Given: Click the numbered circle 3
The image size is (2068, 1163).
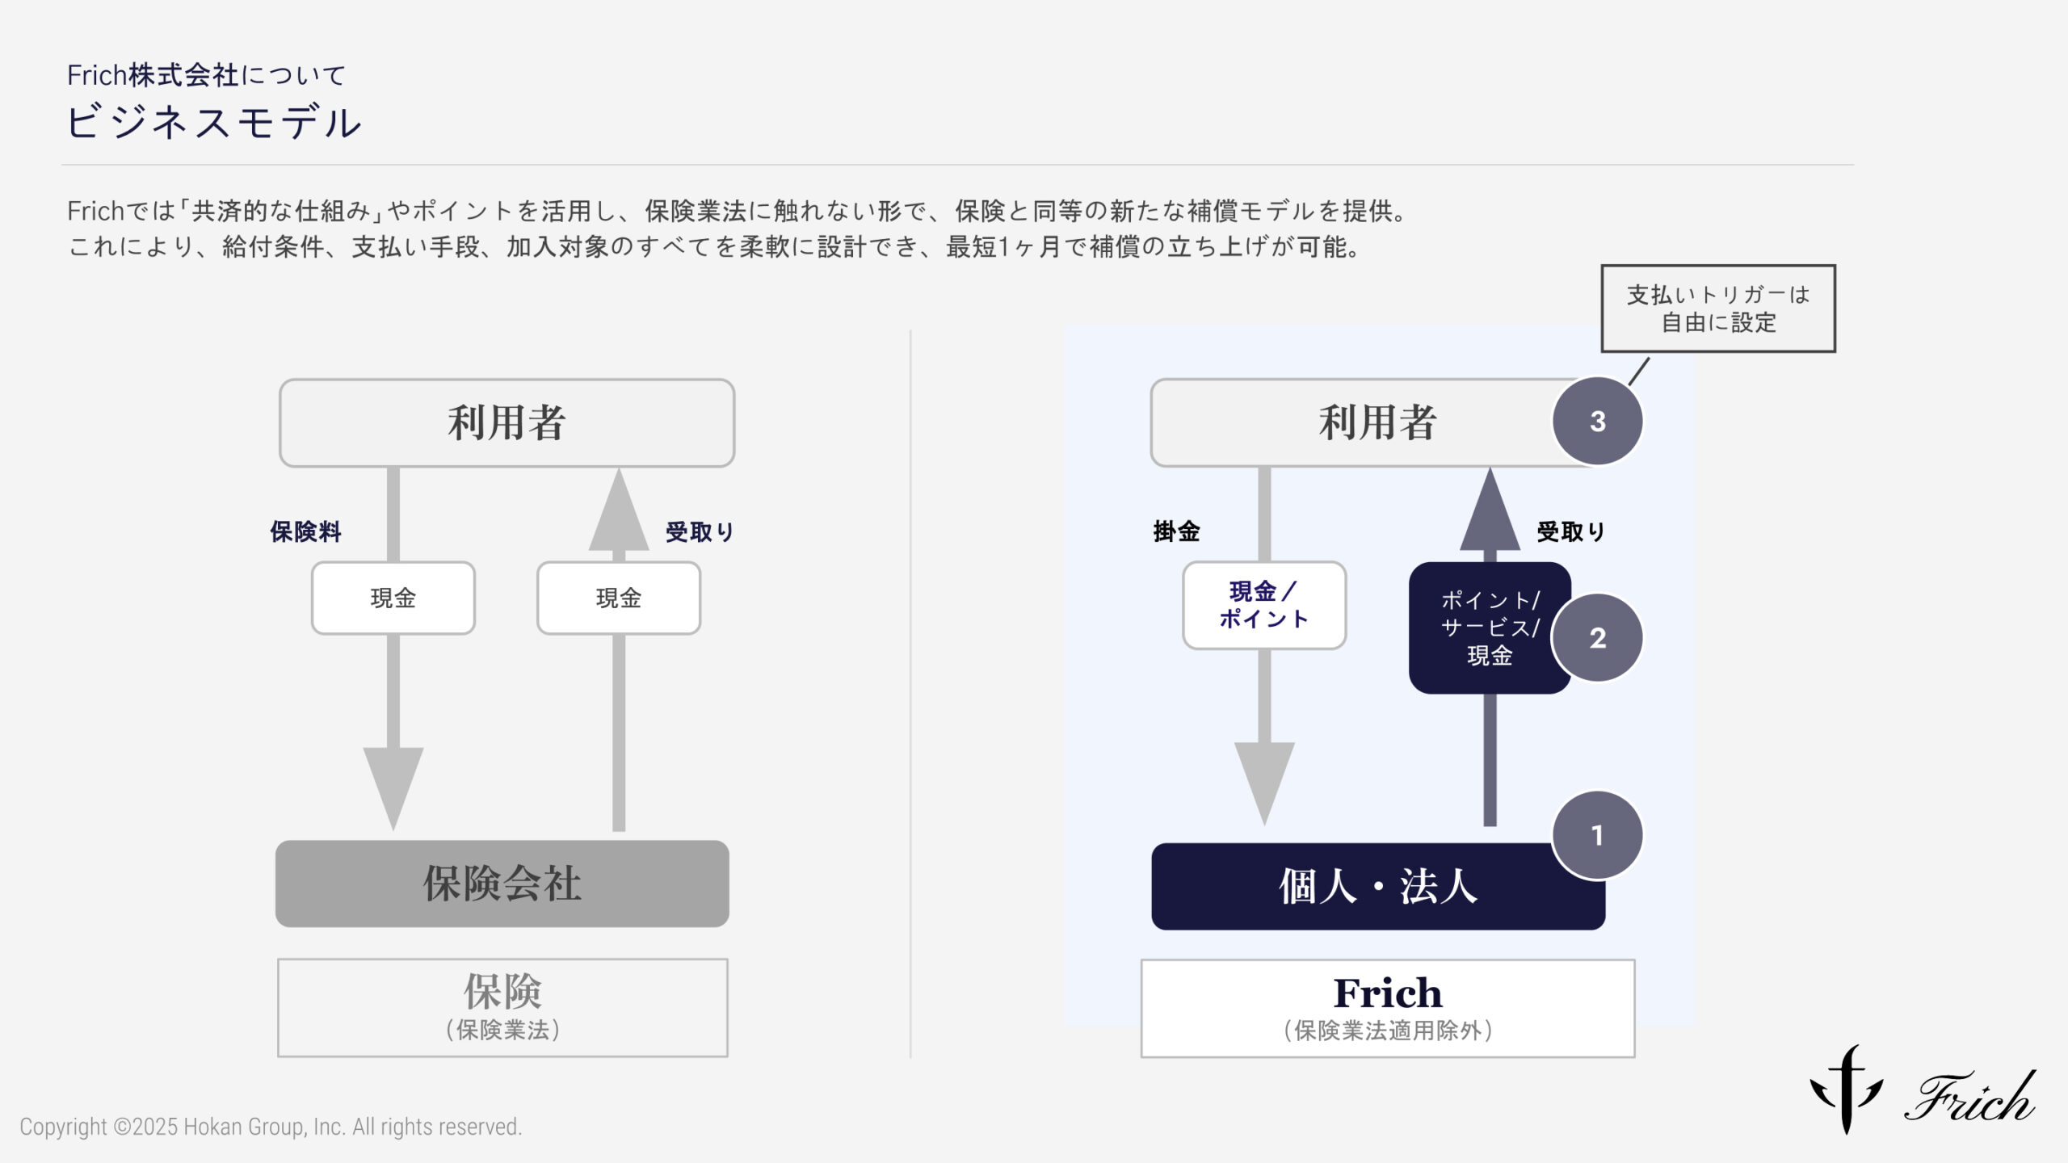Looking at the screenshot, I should pyautogui.click(x=1597, y=421).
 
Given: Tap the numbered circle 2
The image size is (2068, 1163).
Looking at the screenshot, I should pyautogui.click(x=1597, y=638).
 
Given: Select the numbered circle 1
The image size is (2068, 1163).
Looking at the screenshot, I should pyautogui.click(x=1597, y=835).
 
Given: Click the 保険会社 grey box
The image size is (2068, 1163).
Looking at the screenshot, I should pyautogui.click(x=502, y=884).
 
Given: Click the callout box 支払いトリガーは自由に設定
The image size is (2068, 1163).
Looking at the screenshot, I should pyautogui.click(x=1718, y=309).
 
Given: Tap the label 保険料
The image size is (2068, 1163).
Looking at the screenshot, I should pyautogui.click(x=305, y=531).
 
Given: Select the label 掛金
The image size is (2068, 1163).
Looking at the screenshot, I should pyautogui.click(x=1176, y=531).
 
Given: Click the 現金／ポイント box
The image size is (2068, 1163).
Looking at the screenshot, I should pyautogui.click(x=1263, y=605).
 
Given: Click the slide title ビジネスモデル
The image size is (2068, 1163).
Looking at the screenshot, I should pyautogui.click(x=214, y=123).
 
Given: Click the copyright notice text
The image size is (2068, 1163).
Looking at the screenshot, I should pyautogui.click(x=271, y=1127).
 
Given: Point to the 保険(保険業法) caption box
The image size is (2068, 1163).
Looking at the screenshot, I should pyautogui.click(x=502, y=1007).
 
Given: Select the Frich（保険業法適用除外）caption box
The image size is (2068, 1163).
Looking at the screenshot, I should pyautogui.click(x=1387, y=1008).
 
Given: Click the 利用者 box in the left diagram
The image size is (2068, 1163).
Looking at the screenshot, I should pyautogui.click(x=506, y=422).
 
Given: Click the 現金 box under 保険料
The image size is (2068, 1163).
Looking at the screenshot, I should pyautogui.click(x=393, y=598).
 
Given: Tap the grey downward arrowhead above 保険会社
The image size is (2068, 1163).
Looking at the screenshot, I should pyautogui.click(x=393, y=782).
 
